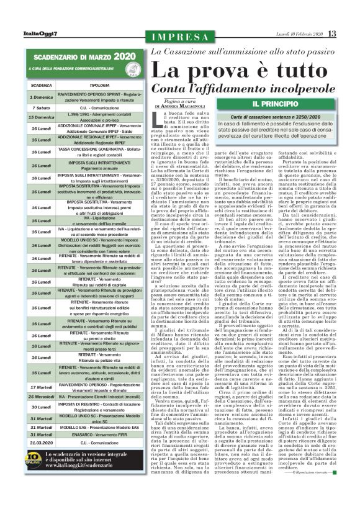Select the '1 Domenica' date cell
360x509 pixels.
point(42,97)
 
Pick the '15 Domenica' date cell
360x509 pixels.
point(42,117)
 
